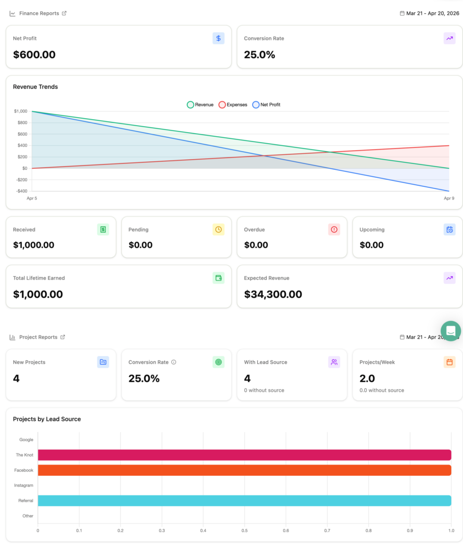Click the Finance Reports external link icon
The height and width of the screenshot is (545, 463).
(64, 13)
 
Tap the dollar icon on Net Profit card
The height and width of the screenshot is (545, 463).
(218, 38)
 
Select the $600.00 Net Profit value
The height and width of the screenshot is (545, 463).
(34, 55)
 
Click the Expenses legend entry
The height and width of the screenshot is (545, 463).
(233, 105)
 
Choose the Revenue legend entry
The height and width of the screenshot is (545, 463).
(200, 105)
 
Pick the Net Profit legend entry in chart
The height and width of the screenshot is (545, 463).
(267, 105)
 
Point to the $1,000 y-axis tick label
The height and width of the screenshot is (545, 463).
(20, 111)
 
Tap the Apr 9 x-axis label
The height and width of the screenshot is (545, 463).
(449, 199)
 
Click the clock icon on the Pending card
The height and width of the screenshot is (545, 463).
(218, 229)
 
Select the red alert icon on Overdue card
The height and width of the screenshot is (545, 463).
(334, 229)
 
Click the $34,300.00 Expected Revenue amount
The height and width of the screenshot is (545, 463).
(273, 294)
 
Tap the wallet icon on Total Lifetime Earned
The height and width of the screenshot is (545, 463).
(218, 278)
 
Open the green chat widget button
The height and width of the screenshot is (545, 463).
(451, 331)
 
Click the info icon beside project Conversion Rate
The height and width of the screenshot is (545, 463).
(174, 362)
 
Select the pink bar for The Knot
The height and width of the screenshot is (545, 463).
(244, 455)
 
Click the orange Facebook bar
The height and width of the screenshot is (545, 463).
(244, 470)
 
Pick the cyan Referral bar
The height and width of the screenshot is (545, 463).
(244, 501)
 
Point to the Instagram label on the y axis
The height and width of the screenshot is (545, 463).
(23, 485)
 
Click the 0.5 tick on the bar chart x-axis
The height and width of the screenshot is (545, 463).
(244, 531)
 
